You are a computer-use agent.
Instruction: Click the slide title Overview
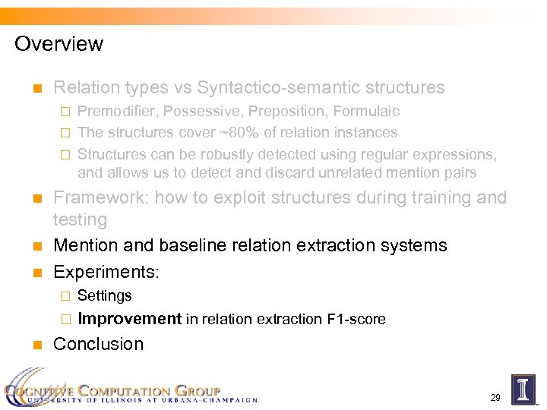(x=58, y=44)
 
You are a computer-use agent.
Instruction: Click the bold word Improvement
(x=129, y=319)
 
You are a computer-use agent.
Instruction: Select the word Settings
(x=105, y=296)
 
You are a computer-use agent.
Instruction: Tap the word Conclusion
(x=98, y=344)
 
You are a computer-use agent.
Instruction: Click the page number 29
(x=495, y=397)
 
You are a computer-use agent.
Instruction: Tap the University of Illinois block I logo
(x=523, y=388)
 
